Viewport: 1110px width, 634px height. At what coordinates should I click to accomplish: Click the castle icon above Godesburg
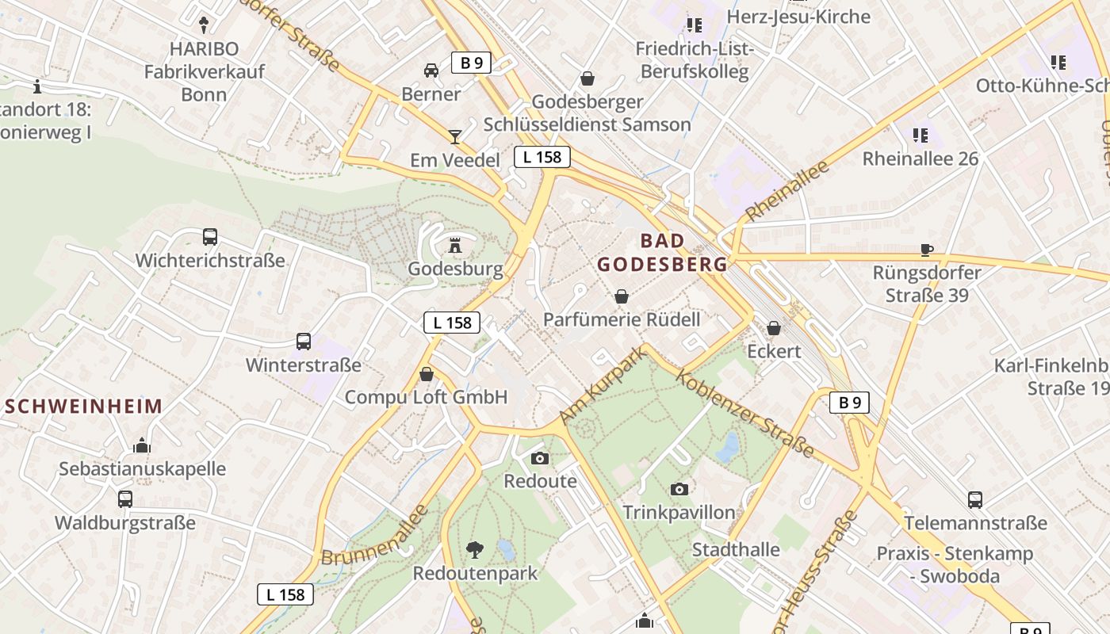tap(455, 246)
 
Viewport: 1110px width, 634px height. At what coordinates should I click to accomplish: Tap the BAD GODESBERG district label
tap(662, 252)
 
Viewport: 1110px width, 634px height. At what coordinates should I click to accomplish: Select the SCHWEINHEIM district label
tap(83, 407)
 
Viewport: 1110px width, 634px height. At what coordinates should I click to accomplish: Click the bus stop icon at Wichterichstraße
tap(210, 236)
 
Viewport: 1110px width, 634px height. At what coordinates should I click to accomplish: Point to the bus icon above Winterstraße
tap(304, 342)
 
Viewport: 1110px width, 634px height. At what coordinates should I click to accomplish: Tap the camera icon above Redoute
tap(540, 458)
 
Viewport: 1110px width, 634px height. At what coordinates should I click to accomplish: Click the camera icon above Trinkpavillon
tap(679, 489)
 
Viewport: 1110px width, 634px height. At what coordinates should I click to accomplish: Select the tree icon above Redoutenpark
tap(475, 548)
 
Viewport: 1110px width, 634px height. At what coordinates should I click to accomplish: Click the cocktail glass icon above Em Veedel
tap(454, 137)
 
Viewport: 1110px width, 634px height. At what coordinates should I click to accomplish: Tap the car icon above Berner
tap(431, 71)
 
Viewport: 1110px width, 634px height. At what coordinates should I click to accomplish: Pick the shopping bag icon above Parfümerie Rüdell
tap(622, 296)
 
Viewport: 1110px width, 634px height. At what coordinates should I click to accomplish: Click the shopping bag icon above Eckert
tap(774, 327)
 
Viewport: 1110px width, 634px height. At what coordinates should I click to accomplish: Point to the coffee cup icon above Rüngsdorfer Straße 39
tap(927, 250)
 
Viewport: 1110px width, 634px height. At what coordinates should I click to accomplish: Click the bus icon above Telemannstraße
tap(975, 500)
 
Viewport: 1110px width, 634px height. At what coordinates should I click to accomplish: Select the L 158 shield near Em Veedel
tap(542, 157)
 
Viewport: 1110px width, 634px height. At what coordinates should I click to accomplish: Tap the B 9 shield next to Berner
tap(471, 63)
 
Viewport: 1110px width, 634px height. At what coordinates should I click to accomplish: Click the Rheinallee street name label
tap(787, 191)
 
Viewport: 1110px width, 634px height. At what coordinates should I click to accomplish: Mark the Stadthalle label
tap(736, 549)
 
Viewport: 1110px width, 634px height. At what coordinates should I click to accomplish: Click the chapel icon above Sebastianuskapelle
tap(142, 445)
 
